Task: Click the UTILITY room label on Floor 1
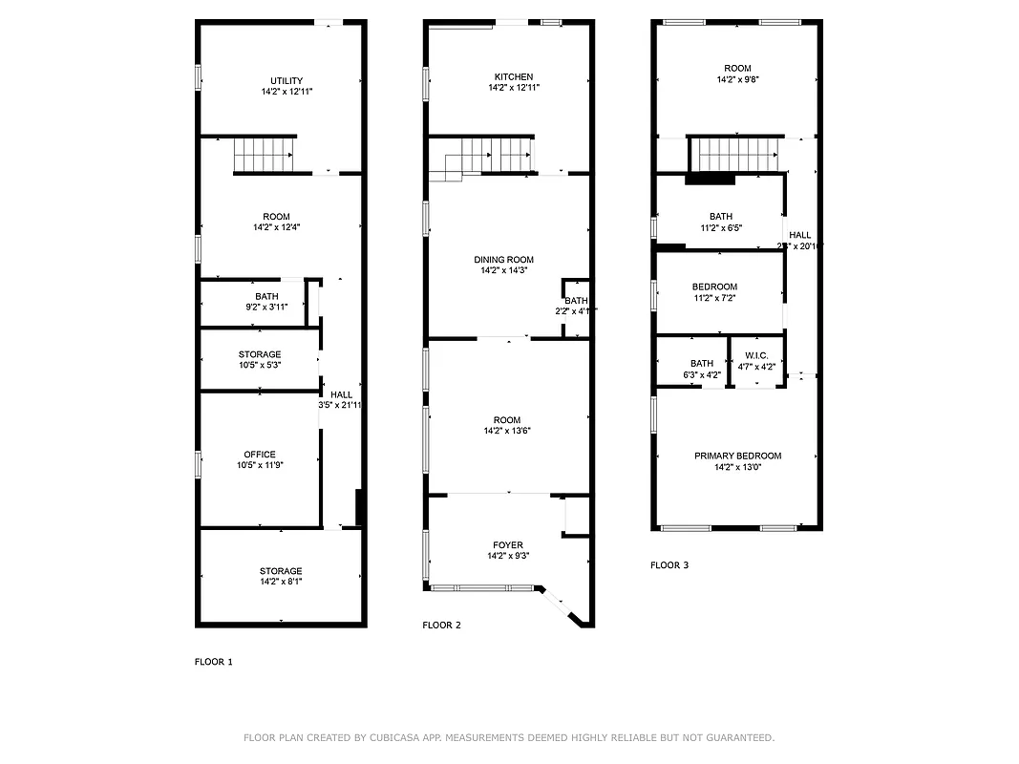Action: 287,80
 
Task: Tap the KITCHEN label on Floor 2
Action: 514,76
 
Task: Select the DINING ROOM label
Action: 504,260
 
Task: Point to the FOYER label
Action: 506,545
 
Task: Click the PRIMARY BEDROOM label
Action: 737,456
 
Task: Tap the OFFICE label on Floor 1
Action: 260,455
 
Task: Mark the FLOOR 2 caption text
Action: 441,626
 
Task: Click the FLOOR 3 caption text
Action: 669,565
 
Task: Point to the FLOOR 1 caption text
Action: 213,662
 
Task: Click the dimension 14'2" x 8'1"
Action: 281,582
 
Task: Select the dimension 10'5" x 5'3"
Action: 260,365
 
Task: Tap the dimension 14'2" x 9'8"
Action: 737,80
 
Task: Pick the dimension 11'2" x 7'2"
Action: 714,298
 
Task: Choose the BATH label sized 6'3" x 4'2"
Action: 702,363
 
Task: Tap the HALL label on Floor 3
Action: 800,235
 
